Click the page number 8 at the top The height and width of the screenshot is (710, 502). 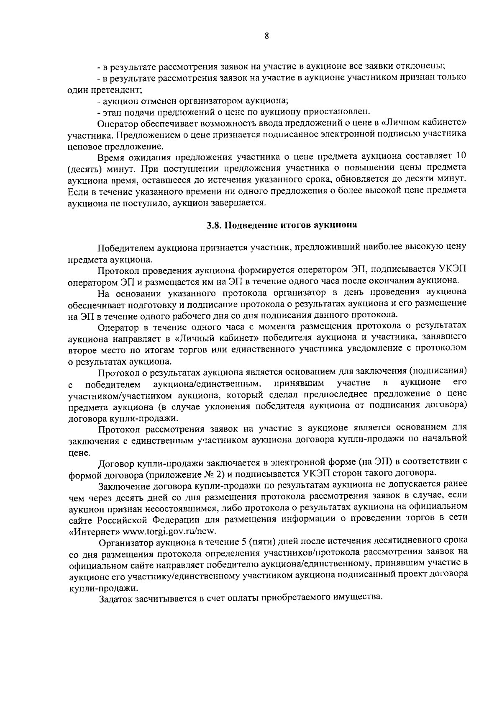coord(266,36)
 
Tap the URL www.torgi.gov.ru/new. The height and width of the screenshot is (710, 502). coord(170,531)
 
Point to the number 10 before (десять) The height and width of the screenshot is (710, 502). coord(461,157)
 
